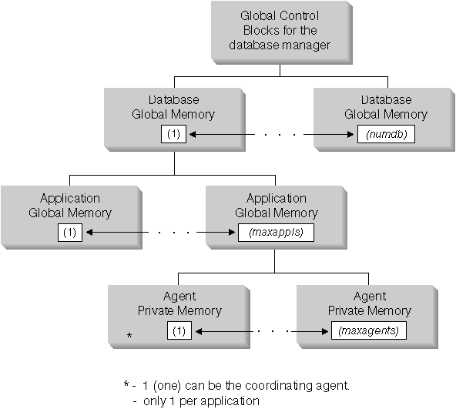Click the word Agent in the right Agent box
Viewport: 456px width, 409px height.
tap(369, 297)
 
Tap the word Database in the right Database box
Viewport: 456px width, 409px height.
tap(385, 100)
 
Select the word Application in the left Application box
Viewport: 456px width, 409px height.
tap(72, 198)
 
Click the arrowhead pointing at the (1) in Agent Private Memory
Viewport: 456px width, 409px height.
tap(196, 331)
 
